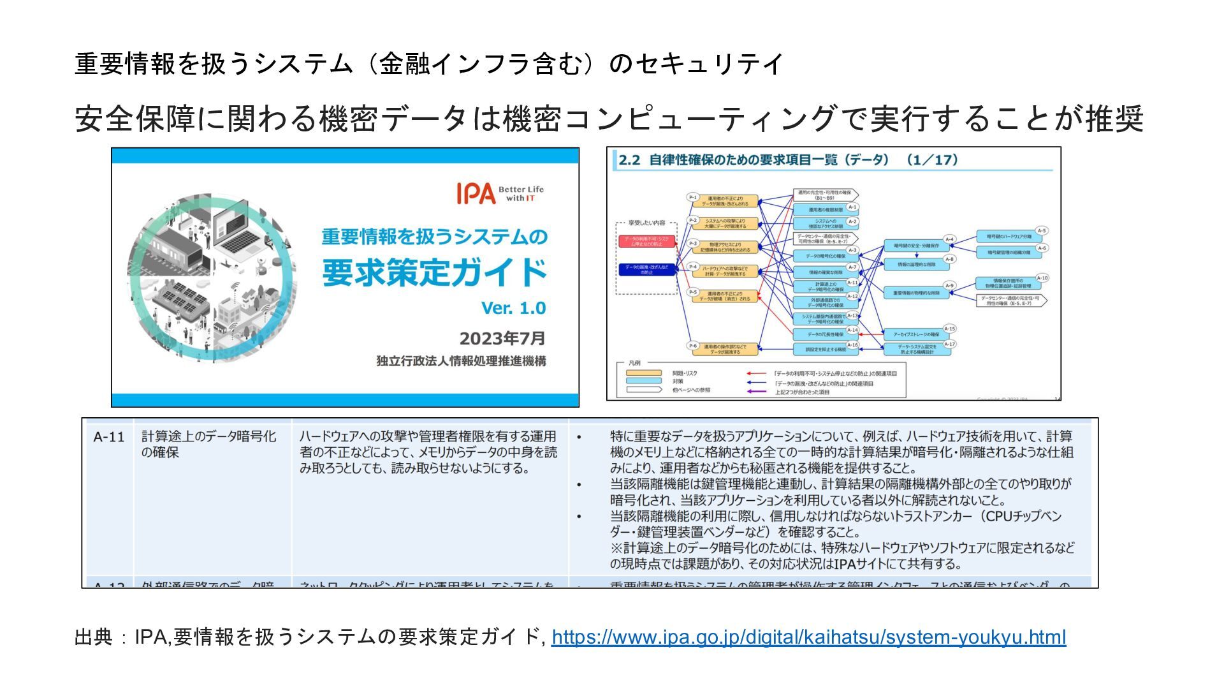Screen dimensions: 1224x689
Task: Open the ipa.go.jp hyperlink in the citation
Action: (808, 637)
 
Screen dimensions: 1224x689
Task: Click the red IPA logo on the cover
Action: (476, 193)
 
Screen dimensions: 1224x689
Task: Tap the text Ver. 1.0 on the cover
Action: (513, 308)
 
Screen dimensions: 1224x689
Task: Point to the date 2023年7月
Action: (502, 338)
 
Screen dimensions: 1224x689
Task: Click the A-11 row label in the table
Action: (108, 437)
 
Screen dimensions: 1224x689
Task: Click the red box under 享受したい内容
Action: (646, 241)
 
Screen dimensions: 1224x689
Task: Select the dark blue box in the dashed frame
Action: (646, 269)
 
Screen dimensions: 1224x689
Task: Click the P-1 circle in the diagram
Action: (693, 197)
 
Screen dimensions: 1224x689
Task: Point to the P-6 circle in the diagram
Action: (693, 346)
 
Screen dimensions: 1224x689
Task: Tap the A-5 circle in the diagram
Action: (1041, 231)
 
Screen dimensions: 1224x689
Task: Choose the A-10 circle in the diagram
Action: (1042, 278)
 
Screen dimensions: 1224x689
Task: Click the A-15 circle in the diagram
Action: (949, 329)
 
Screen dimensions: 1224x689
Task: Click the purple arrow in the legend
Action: (756, 392)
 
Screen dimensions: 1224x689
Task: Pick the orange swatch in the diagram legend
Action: (643, 373)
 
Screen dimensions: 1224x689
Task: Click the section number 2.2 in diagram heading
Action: (629, 160)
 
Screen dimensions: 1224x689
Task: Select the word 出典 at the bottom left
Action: (94, 637)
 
